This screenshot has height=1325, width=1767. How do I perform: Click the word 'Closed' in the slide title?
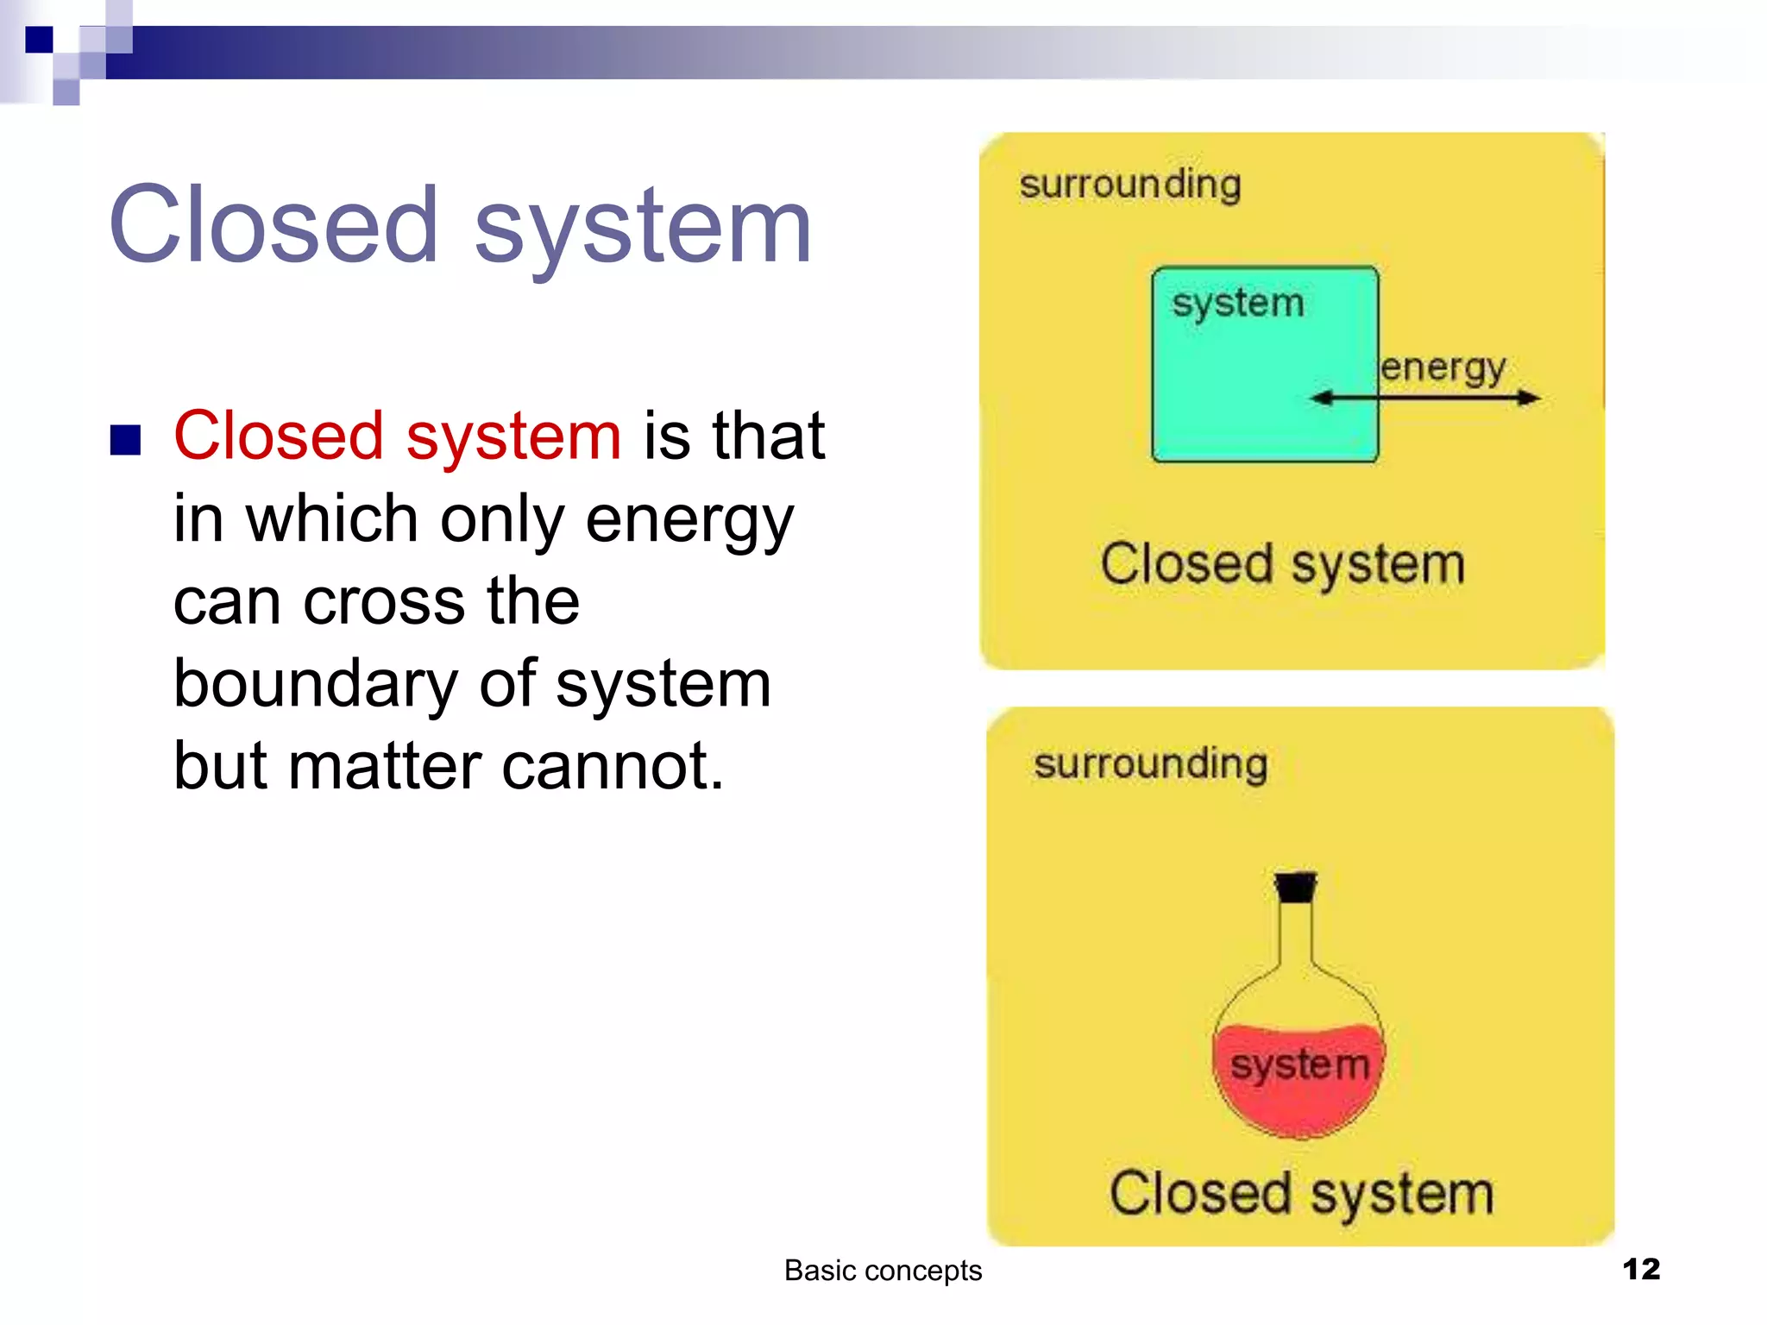pos(274,226)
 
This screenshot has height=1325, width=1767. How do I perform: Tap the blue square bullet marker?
pos(126,440)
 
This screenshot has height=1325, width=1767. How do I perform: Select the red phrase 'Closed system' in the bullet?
pos(397,436)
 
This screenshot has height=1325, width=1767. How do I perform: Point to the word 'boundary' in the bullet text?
pos(315,684)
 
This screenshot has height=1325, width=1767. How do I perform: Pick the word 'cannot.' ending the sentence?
pos(613,766)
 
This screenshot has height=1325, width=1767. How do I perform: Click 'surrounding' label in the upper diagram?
pos(1129,185)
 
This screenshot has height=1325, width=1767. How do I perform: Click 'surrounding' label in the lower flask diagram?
pos(1150,764)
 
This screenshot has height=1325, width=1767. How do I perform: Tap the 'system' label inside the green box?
pos(1237,304)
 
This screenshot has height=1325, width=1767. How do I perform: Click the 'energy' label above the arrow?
pos(1443,368)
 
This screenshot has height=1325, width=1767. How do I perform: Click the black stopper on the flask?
pos(1295,888)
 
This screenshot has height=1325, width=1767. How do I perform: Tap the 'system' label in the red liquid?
pos(1299,1065)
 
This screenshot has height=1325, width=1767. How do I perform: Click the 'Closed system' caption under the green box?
pos(1282,565)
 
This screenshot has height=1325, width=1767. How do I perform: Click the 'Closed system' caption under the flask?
pos(1300,1195)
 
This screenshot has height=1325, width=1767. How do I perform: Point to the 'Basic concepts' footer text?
pos(882,1271)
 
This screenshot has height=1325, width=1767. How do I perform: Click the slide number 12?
pos(1640,1269)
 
